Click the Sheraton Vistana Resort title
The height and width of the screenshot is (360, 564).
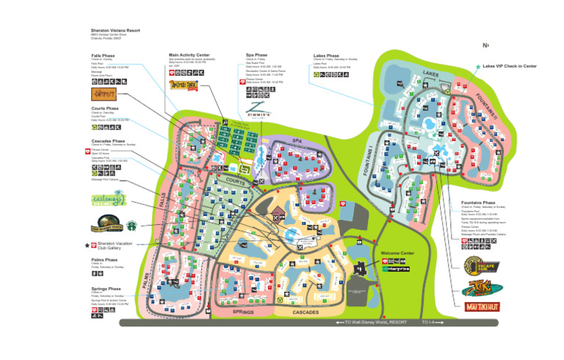click(x=115, y=31)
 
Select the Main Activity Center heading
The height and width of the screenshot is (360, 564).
click(x=189, y=54)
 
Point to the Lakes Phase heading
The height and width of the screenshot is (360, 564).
click(x=326, y=55)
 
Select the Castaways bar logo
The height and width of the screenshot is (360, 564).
click(x=108, y=200)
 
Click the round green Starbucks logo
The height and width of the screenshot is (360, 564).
click(x=131, y=226)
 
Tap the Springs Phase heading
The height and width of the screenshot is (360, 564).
click(x=106, y=289)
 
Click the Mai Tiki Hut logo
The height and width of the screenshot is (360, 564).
click(x=480, y=306)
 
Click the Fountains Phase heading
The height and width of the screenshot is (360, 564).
click(x=478, y=202)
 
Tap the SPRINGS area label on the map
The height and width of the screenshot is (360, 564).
click(x=243, y=312)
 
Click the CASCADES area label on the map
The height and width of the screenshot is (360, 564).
click(x=305, y=312)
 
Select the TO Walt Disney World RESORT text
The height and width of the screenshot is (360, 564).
click(x=375, y=322)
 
